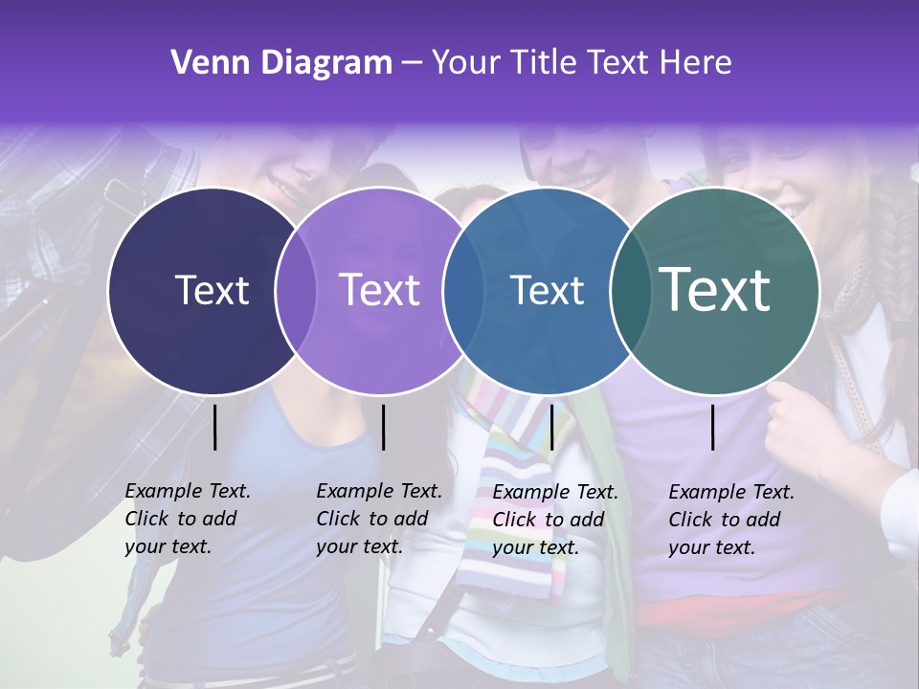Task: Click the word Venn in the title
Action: point(202,63)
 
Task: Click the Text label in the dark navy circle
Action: point(212,290)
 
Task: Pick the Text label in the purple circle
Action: point(380,290)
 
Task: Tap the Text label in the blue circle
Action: point(548,290)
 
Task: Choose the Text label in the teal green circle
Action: point(715,289)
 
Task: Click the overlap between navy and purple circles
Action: point(296,290)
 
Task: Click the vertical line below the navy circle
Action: point(214,427)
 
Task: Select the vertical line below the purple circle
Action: point(383,427)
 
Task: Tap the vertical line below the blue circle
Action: point(551,427)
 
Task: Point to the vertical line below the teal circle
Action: point(713,427)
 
